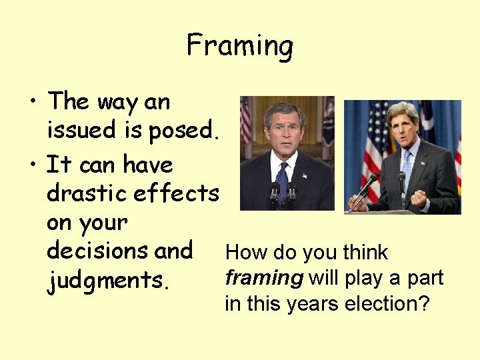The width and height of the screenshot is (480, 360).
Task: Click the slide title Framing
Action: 239,46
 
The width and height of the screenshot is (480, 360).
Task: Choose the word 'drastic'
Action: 87,193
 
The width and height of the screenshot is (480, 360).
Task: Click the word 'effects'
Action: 176,193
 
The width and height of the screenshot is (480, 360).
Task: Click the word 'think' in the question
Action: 365,253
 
